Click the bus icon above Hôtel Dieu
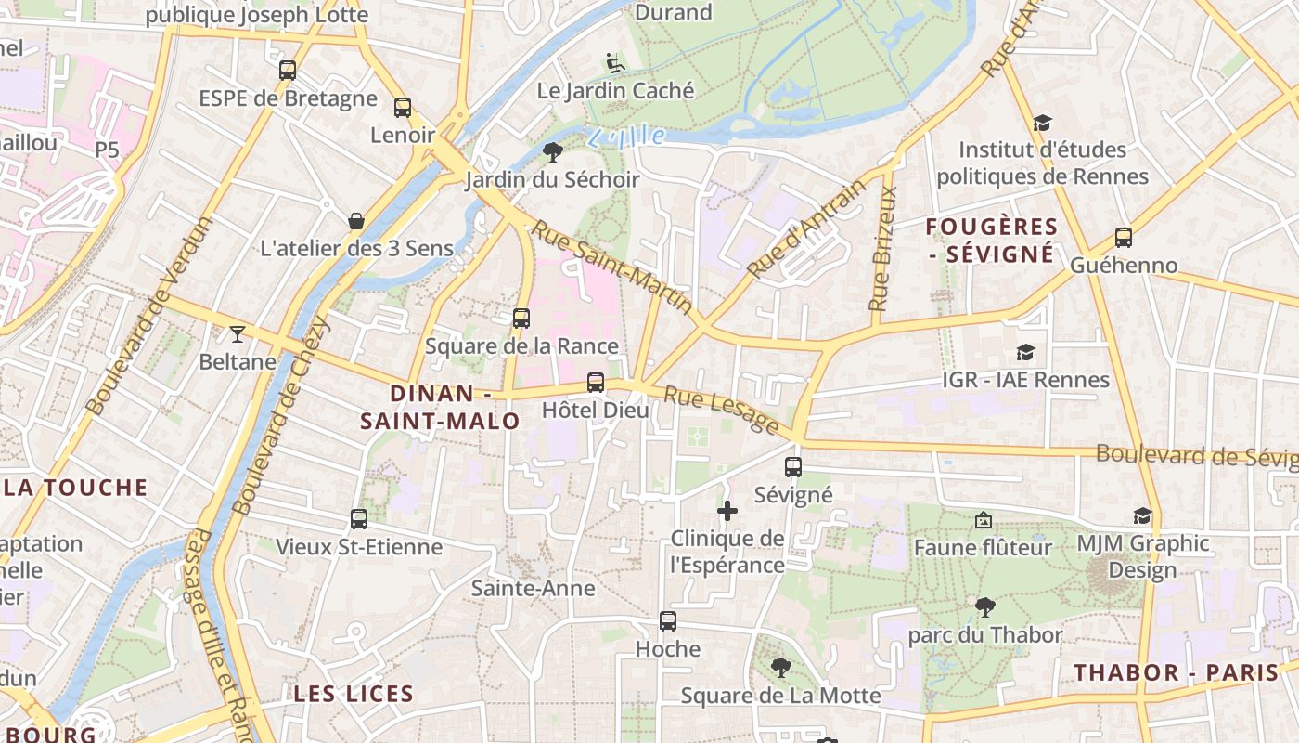tap(596, 382)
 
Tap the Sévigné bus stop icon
tap(793, 467)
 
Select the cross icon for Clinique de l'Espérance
tap(727, 510)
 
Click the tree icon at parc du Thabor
tap(985, 607)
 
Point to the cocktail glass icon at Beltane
tap(238, 333)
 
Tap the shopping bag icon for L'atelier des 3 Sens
tap(355, 220)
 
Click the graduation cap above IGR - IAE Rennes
tap(1025, 352)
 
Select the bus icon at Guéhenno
tap(1124, 237)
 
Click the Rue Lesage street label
tap(722, 410)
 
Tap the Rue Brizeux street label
tap(883, 248)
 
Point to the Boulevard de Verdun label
tap(149, 315)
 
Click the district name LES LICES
tap(354, 694)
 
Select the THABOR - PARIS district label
tap(1177, 673)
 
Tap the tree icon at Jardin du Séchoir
tap(553, 151)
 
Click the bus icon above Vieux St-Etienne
tap(359, 518)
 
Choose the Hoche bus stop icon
tap(668, 621)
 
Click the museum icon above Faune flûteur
tap(984, 520)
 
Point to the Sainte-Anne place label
tap(533, 588)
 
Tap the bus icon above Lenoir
tap(402, 107)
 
